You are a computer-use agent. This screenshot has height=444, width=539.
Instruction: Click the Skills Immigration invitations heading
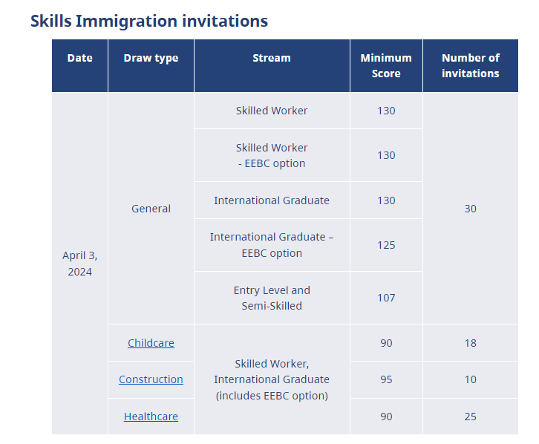pos(149,21)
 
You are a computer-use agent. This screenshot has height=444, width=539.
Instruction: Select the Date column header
pos(79,58)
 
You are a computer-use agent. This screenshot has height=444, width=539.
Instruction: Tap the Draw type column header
pos(151,58)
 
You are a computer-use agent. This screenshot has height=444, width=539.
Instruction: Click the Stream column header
pos(272,58)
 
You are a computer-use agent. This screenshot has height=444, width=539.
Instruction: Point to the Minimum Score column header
pos(386,65)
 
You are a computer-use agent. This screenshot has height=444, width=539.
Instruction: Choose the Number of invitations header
pos(470,65)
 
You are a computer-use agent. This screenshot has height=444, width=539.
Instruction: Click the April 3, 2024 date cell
pos(79,264)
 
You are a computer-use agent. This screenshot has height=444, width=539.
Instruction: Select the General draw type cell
pos(151,209)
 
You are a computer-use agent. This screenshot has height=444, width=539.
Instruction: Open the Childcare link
pos(151,343)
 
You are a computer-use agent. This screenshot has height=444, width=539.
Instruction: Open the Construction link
pos(151,379)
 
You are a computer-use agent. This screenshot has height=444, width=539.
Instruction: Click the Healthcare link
pos(151,417)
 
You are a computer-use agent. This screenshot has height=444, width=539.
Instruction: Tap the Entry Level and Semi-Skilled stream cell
pos(272,298)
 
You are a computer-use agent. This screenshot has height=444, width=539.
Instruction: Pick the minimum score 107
pos(386,298)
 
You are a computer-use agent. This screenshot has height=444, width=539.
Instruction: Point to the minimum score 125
pos(386,245)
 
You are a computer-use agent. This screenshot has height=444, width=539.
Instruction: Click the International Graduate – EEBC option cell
pos(272,245)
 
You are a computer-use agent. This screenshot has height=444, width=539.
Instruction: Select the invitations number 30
pos(470,209)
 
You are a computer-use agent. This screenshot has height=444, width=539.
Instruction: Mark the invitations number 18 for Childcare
pos(470,343)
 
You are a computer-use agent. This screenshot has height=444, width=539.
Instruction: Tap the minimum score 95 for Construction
pos(386,379)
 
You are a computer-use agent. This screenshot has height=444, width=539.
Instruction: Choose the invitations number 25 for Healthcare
pos(470,417)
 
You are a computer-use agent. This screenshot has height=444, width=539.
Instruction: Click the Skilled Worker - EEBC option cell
pos(272,155)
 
